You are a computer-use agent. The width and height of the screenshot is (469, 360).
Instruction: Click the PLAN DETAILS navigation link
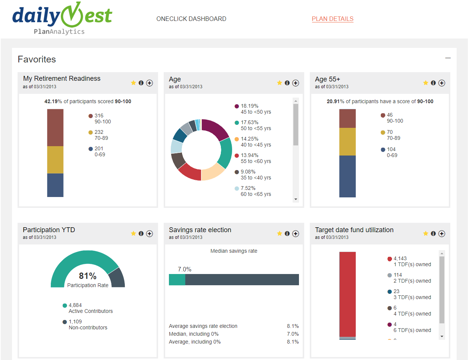point(333,19)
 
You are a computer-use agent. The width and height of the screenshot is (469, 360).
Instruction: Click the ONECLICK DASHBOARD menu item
point(191,19)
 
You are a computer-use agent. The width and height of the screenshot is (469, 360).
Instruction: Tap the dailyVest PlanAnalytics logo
point(62,19)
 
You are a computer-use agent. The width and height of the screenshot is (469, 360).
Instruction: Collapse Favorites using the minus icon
point(448,58)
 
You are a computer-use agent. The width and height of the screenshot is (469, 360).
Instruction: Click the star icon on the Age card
point(280,83)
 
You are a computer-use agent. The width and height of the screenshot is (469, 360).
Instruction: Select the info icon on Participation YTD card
point(141,234)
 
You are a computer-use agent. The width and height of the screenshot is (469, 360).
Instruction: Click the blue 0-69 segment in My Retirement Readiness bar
point(55,185)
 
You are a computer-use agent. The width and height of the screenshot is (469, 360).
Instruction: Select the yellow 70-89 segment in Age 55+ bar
point(348,142)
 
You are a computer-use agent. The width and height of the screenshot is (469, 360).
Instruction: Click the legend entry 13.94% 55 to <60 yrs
point(256,158)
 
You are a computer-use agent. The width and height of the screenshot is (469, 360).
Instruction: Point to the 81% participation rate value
point(88,276)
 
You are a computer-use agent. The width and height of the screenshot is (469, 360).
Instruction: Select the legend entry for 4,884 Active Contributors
point(90,308)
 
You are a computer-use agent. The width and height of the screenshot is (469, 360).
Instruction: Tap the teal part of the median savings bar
point(177,280)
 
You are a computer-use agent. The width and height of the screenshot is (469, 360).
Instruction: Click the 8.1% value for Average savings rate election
point(293,326)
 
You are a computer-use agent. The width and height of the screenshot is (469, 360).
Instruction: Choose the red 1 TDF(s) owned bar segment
point(348,294)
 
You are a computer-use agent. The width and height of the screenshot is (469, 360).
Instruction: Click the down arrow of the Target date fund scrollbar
point(442,336)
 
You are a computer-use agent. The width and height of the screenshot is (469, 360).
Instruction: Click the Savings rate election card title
point(200,230)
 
